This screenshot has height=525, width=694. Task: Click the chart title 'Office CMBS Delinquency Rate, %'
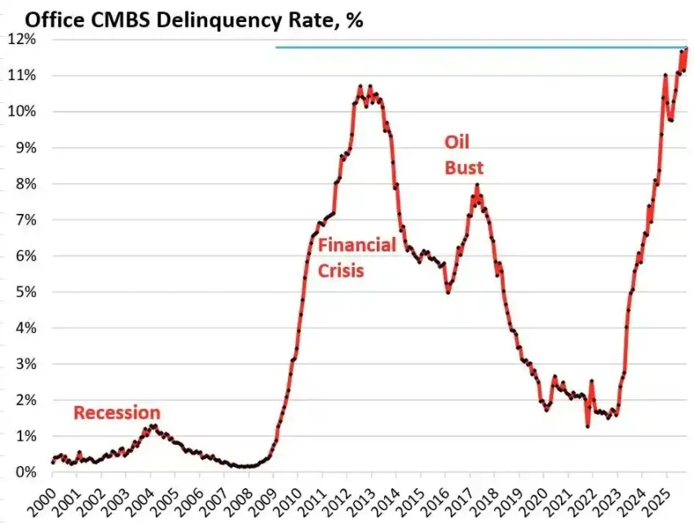[183, 20]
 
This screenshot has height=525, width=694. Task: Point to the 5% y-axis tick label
[24, 292]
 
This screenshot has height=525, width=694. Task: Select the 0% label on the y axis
[24, 473]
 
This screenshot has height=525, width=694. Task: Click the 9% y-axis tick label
[24, 148]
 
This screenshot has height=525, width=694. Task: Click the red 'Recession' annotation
[117, 413]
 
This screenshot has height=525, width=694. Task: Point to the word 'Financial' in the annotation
[356, 245]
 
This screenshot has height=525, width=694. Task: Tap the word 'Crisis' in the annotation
[340, 269]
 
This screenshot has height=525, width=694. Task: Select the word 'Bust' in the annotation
[464, 168]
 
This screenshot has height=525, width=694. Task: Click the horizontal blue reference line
[481, 47]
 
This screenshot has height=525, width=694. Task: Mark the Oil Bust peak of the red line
[477, 187]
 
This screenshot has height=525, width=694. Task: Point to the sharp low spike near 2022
[587, 425]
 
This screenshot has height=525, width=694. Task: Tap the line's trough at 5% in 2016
[448, 291]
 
